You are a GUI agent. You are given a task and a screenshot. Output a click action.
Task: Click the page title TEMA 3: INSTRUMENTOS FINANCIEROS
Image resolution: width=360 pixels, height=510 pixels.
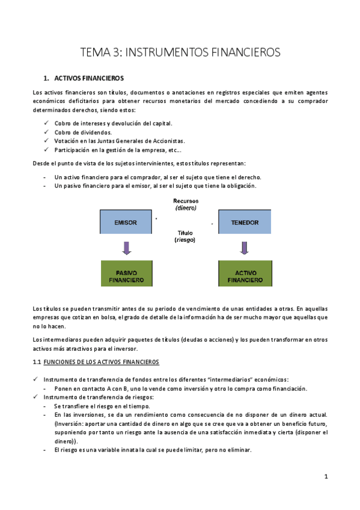pyautogui.click(x=180, y=52)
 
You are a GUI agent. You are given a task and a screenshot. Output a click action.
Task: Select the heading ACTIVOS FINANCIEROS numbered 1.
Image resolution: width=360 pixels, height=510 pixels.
pyautogui.click(x=89, y=79)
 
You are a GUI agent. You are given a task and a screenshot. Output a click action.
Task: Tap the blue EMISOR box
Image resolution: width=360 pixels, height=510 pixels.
pyautogui.click(x=125, y=223)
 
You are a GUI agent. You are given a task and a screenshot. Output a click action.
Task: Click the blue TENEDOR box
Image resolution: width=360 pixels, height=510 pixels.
pyautogui.click(x=244, y=223)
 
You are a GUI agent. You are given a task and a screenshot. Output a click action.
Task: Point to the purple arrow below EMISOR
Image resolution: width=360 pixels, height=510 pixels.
pyautogui.click(x=126, y=248)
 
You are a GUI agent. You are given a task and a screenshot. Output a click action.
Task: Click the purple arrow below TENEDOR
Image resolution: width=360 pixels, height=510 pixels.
pyautogui.click(x=244, y=248)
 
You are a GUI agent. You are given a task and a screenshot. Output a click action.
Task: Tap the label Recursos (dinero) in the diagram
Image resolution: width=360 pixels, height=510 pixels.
pyautogui.click(x=186, y=204)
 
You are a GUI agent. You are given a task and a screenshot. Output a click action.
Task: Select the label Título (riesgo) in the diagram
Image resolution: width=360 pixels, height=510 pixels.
pyautogui.click(x=185, y=236)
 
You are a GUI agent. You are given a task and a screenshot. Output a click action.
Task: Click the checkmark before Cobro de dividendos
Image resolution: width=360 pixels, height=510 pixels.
pyautogui.click(x=47, y=132)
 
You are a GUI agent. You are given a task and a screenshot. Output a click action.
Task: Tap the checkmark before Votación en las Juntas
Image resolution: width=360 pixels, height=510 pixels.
pyautogui.click(x=47, y=140)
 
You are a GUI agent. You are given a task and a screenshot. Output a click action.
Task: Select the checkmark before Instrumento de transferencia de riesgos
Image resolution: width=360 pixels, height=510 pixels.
pyautogui.click(x=35, y=397)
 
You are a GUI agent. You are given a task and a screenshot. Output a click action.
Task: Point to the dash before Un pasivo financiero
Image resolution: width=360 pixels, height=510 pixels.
pyautogui.click(x=46, y=186)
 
